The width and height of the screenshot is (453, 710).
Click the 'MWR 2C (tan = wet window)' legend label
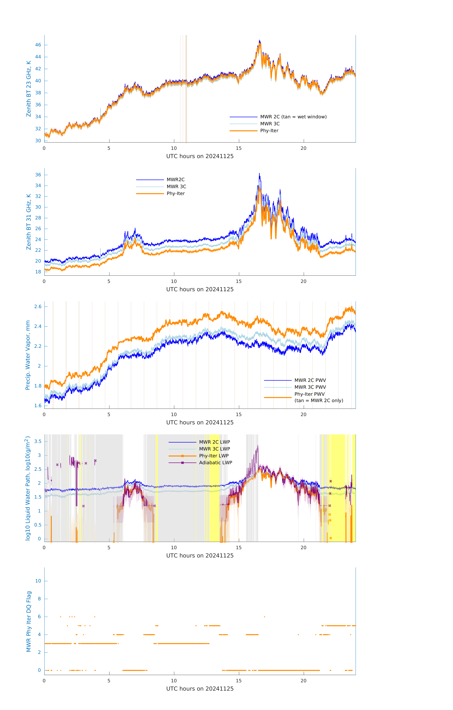click(x=293, y=117)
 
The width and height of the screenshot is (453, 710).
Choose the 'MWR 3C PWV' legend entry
click(x=310, y=387)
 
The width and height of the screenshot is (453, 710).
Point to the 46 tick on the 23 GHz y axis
click(x=38, y=45)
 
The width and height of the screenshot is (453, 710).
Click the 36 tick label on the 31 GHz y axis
click(x=38, y=175)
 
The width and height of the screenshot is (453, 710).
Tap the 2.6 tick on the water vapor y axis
click(x=38, y=307)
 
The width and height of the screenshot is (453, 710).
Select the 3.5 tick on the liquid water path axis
click(x=38, y=441)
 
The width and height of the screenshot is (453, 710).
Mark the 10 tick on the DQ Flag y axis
click(x=38, y=581)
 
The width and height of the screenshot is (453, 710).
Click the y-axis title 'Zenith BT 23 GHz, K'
click(x=29, y=89)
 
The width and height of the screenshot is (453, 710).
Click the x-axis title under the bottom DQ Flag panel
click(x=200, y=689)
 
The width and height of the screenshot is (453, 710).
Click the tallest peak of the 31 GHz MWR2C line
click(x=259, y=173)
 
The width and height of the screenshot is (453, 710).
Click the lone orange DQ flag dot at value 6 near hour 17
click(x=264, y=617)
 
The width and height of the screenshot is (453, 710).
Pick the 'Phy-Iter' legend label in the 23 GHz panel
click(x=269, y=131)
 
